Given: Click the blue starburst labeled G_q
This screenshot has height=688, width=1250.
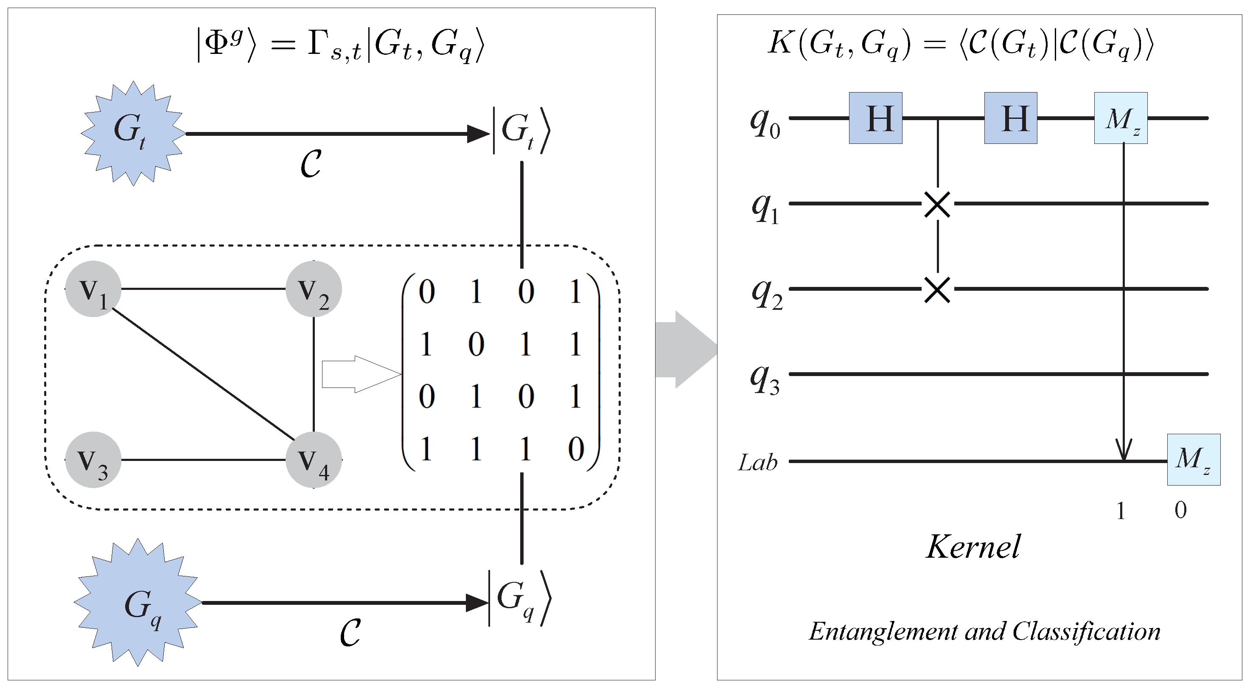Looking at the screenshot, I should pos(138,603).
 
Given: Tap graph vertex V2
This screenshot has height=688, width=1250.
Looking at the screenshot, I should pos(314,289).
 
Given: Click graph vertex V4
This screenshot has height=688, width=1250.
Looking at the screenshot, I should pos(314,459).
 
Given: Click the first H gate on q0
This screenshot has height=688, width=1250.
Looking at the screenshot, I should pos(875,118).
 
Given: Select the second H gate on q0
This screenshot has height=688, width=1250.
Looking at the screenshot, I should pos(1011,118).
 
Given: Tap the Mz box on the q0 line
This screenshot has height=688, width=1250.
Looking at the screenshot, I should pos(1121,118).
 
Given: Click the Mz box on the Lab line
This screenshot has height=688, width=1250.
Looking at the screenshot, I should pos(1193,459).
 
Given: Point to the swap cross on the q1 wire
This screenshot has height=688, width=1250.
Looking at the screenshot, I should pos(938,204).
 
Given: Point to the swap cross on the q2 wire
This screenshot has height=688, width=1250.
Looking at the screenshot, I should pos(938,289).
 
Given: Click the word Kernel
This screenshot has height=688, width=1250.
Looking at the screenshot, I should pos(973,547).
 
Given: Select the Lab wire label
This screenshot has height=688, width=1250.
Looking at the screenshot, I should pos(757,462).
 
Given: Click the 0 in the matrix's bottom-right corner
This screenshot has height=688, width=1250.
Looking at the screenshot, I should pos(575,449).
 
